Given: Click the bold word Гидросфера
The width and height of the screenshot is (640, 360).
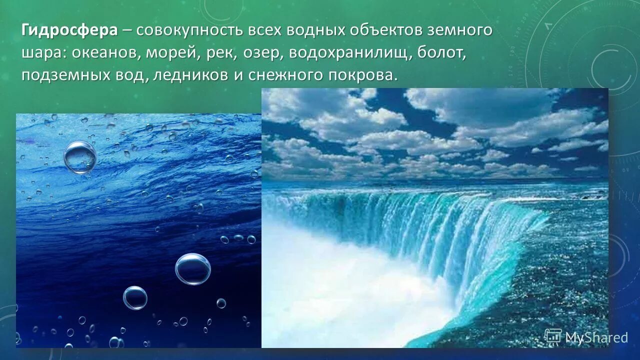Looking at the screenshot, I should pyautogui.click(x=69, y=30).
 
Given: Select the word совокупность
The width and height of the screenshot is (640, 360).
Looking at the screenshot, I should pyautogui.click(x=189, y=30).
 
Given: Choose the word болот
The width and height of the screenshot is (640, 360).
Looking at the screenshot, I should pyautogui.click(x=443, y=53).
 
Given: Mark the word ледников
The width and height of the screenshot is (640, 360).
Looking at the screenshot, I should pyautogui.click(x=189, y=75).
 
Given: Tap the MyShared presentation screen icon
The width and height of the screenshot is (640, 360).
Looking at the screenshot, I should pyautogui.click(x=553, y=336).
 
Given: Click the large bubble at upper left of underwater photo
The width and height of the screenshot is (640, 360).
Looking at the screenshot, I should pyautogui.click(x=80, y=157).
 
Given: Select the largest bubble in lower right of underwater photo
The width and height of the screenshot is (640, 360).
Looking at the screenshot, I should pyautogui.click(x=193, y=269).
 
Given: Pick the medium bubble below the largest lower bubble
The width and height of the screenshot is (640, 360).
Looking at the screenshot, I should pyautogui.click(x=135, y=298).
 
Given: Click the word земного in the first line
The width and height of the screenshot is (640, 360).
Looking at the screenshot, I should pyautogui.click(x=459, y=30).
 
